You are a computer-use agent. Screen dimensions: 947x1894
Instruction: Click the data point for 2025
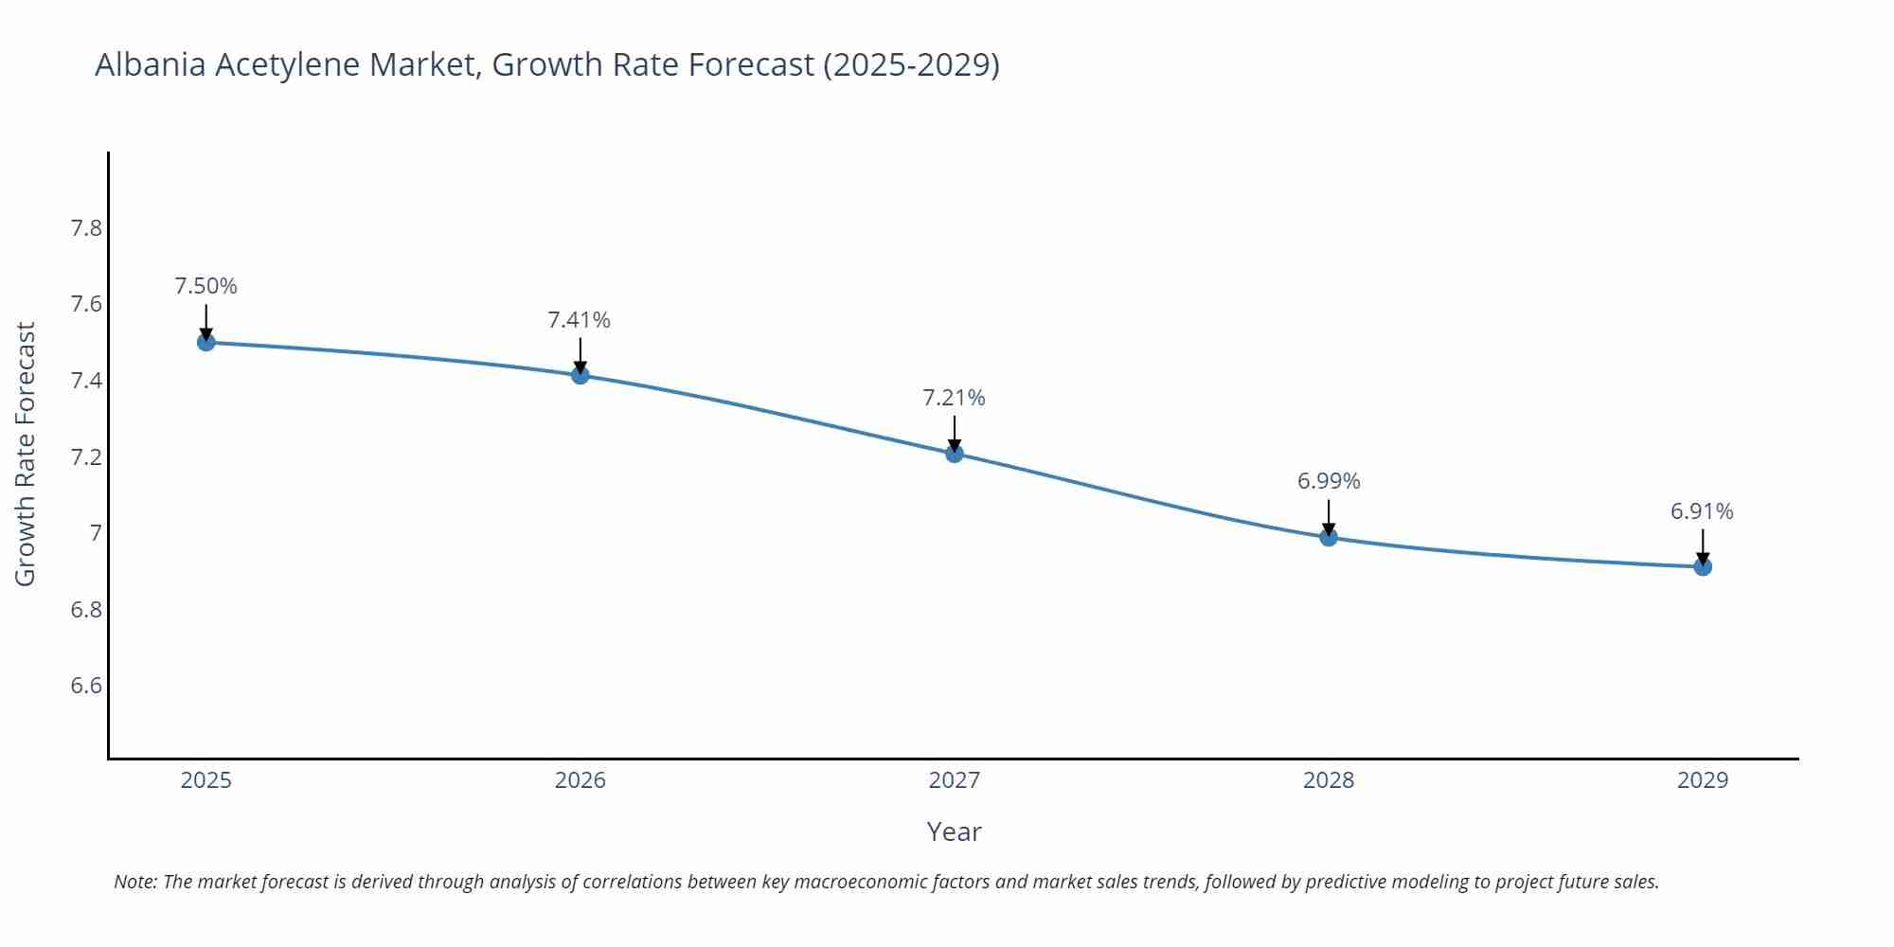pos(206,342)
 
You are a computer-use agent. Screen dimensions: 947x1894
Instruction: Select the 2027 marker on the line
pos(955,454)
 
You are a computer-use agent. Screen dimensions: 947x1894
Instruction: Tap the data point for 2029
pos(1703,567)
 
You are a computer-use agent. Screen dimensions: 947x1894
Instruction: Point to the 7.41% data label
pos(580,320)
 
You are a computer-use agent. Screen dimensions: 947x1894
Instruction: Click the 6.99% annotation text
pos(1329,481)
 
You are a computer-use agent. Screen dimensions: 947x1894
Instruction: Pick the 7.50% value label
pos(206,286)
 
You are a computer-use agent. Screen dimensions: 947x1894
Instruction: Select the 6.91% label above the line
pos(1702,511)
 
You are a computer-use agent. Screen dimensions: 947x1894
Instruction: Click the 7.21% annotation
pos(955,398)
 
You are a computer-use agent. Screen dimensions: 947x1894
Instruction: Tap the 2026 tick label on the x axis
pos(580,780)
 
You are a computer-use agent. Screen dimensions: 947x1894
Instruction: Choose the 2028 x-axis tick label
pos(1329,780)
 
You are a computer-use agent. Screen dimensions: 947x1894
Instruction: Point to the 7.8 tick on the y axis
pos(86,228)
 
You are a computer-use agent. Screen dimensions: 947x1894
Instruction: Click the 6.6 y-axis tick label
pos(86,686)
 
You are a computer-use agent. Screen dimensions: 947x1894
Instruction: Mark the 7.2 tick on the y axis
pos(86,457)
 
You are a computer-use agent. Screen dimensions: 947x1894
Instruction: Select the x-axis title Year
pos(954,831)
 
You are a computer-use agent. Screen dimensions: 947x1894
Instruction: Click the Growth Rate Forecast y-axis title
pos(26,455)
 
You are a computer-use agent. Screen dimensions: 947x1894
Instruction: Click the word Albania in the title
pos(150,64)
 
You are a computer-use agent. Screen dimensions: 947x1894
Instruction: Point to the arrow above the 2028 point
pos(1329,516)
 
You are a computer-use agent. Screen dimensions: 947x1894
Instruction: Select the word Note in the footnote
pos(135,882)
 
